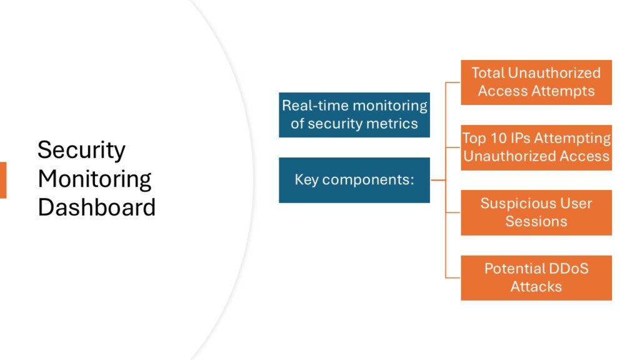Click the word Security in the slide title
(x=81, y=150)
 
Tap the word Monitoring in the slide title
(x=94, y=179)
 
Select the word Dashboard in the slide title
(x=97, y=207)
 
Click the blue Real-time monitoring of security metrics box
(x=354, y=115)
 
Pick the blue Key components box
(x=354, y=180)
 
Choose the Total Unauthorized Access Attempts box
(x=536, y=82)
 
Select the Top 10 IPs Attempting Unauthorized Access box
(x=536, y=147)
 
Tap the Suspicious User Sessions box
(x=536, y=212)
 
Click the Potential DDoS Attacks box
(x=536, y=278)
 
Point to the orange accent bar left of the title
(x=3, y=180)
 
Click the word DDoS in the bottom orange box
(x=569, y=269)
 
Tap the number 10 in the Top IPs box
(x=498, y=138)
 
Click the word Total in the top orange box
(x=488, y=73)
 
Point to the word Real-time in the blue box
(x=314, y=106)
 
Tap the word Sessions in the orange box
(x=536, y=221)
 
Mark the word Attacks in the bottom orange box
(x=536, y=286)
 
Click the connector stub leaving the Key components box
(x=438, y=180)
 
